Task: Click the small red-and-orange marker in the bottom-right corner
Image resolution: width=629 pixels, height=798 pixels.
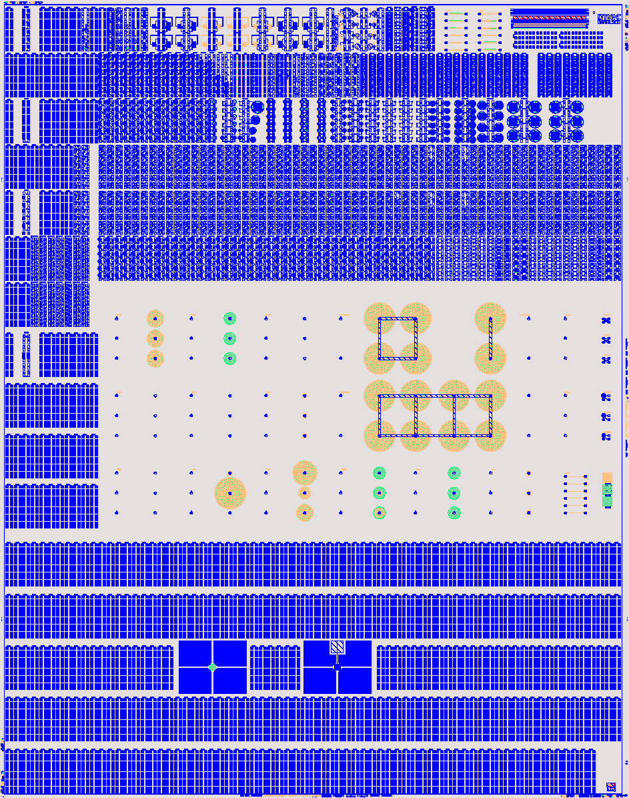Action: point(610,787)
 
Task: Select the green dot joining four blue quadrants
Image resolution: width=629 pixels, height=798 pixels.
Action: point(213,667)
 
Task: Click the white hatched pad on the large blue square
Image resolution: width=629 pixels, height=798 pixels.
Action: point(338,647)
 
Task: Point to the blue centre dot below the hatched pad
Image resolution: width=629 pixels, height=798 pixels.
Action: point(338,667)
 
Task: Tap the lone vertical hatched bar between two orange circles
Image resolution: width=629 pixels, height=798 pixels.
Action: point(490,339)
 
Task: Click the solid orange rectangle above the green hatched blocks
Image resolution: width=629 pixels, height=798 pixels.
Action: point(607,476)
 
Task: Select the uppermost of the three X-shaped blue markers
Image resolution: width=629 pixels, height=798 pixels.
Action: point(606,321)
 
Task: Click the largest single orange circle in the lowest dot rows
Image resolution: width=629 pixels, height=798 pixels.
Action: point(230,493)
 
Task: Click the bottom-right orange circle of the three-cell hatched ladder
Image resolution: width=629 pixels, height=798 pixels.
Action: point(490,436)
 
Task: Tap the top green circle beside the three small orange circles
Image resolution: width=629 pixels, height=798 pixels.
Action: point(230,319)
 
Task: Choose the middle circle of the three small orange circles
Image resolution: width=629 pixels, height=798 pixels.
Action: point(155,339)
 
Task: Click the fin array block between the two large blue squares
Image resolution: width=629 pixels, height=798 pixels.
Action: point(275,667)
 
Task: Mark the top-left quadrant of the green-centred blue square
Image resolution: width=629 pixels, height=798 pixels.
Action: point(195,653)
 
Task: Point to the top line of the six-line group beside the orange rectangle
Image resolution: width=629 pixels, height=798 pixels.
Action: point(576,476)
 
